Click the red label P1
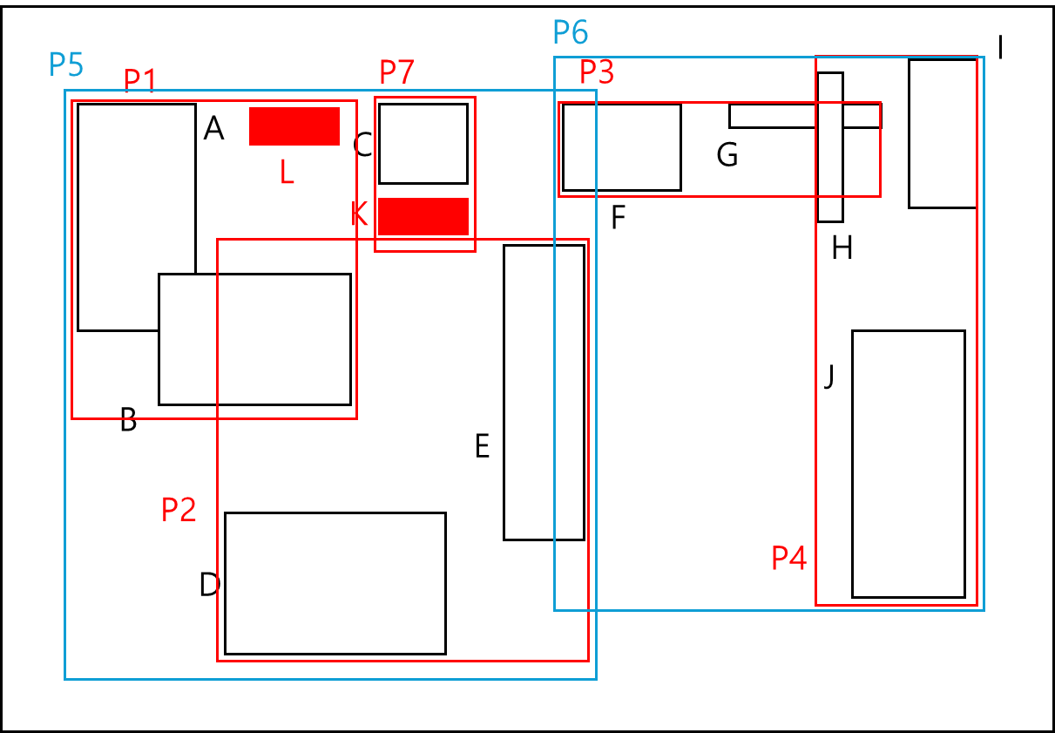point(139,81)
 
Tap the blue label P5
point(65,64)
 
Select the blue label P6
point(571,33)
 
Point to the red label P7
point(396,73)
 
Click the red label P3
point(597,73)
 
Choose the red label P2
point(179,510)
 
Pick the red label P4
point(788,558)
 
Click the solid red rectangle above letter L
point(294,126)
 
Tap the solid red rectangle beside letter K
point(423,216)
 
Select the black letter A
point(213,130)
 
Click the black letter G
point(727,155)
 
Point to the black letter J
point(829,377)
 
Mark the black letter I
point(1001,49)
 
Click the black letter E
point(482,447)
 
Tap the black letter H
point(842,249)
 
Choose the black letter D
point(209,585)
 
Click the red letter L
point(287,173)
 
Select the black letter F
point(619,218)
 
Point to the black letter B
point(128,421)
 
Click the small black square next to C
point(423,144)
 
